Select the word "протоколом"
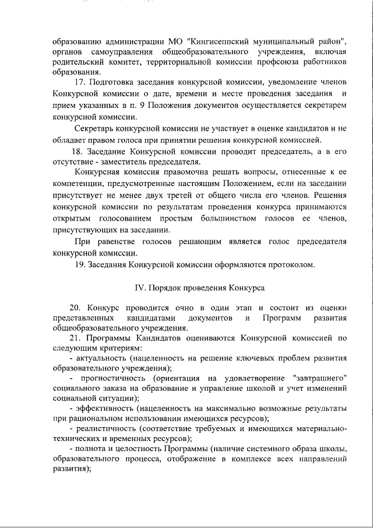[286, 265]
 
